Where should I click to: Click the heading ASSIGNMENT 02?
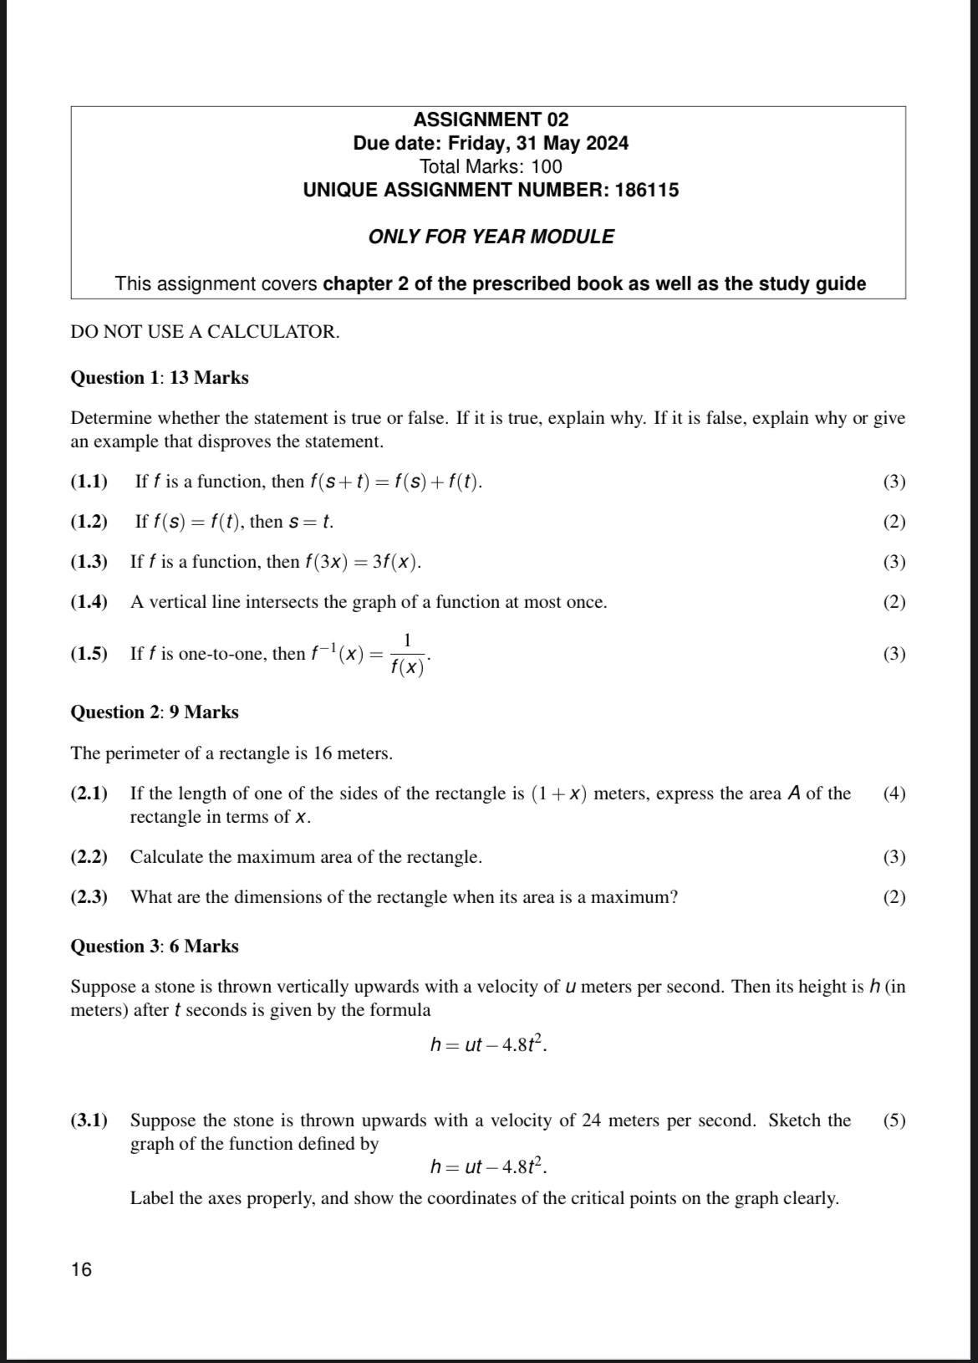point(491,120)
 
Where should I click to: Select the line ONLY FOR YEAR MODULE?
point(491,237)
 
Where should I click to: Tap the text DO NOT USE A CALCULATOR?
point(205,331)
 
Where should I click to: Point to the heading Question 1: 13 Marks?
point(160,378)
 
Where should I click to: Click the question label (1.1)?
point(89,482)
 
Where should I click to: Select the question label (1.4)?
point(89,602)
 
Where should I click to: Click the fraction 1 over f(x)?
point(407,654)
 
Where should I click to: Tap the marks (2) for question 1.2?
point(894,522)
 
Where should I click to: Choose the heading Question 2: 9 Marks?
point(155,712)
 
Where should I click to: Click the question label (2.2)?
point(89,857)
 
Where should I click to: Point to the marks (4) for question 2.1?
point(894,794)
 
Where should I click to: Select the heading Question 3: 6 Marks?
point(155,947)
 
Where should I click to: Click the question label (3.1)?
point(89,1121)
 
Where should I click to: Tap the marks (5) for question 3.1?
point(894,1121)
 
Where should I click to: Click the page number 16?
point(82,1269)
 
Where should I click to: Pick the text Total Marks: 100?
point(491,166)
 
